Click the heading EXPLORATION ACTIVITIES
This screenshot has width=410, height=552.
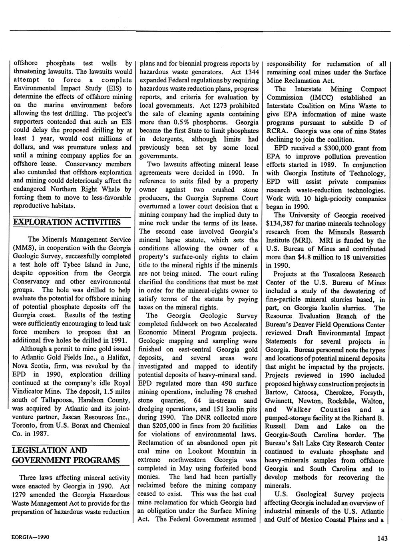tap(66, 222)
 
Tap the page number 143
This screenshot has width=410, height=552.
tap(382, 538)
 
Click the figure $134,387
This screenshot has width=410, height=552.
tap(282, 224)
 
